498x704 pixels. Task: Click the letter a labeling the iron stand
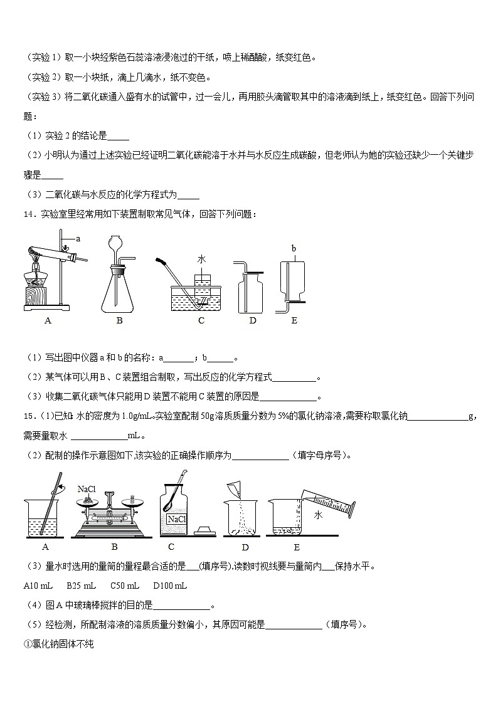click(78, 239)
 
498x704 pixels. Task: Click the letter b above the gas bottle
click(293, 248)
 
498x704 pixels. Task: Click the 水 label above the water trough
click(201, 259)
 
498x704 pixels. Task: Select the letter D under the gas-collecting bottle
click(252, 321)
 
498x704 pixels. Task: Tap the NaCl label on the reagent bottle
click(176, 519)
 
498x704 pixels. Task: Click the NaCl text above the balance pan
click(86, 489)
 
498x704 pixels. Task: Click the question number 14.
click(28, 214)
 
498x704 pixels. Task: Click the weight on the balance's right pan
click(132, 499)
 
